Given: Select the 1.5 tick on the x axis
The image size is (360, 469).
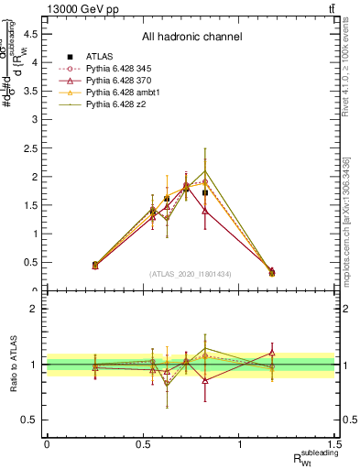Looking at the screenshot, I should click(x=335, y=443).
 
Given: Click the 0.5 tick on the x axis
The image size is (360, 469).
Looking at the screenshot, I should click(x=143, y=443).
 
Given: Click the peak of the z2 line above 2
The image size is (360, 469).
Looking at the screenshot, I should click(x=205, y=170).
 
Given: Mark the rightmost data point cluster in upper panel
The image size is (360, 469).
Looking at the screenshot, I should click(x=271, y=272).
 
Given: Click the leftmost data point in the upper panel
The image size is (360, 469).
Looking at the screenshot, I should click(x=94, y=265).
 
